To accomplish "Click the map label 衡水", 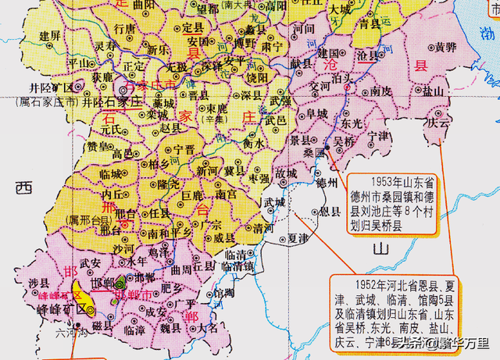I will click(x=252, y=144).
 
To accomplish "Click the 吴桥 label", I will click(x=344, y=142).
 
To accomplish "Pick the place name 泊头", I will click(x=344, y=80).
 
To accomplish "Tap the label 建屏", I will click(x=50, y=35).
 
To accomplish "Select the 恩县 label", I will click(x=330, y=211).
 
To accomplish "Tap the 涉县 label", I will click(x=38, y=282).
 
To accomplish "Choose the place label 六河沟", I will click(x=68, y=332).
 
